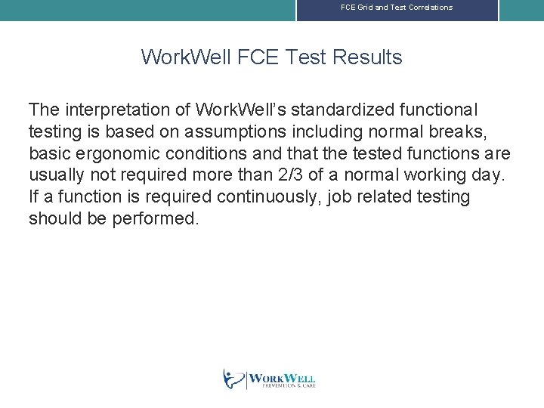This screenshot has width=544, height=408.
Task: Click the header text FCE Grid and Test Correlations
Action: click(397, 8)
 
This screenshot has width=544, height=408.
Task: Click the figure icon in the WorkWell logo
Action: click(233, 379)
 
